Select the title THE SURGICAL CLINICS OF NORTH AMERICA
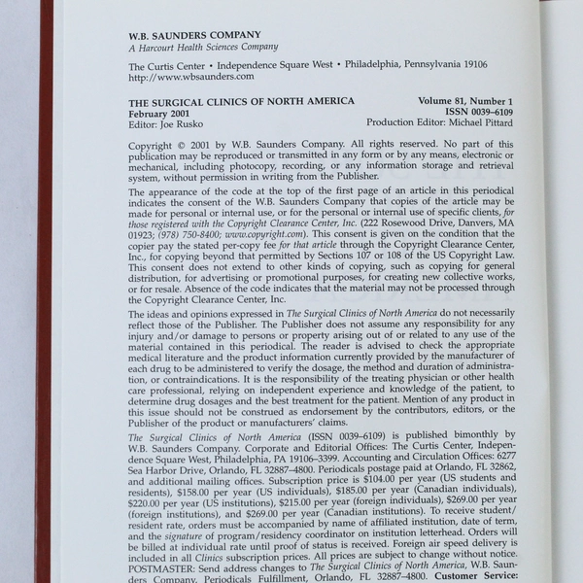click(x=241, y=101)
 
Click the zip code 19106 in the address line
click(x=469, y=64)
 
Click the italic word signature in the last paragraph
click(x=191, y=535)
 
